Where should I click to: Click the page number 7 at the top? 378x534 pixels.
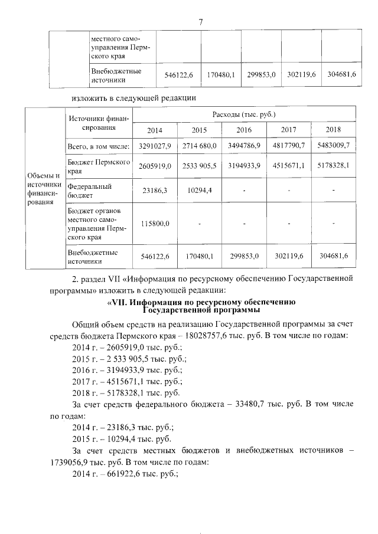(201, 22)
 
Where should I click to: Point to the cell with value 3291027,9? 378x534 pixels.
(154, 145)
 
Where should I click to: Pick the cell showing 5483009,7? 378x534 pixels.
(334, 145)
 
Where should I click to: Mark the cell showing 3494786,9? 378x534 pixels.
(245, 145)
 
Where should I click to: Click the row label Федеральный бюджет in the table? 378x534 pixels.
(86, 190)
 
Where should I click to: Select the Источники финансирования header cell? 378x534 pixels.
(94, 122)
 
